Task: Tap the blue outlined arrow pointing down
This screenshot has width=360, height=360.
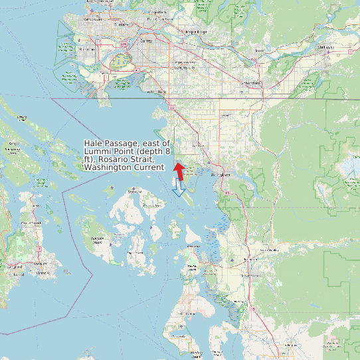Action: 178,189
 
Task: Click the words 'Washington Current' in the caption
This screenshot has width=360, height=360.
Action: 124,167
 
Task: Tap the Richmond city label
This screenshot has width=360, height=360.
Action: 86,49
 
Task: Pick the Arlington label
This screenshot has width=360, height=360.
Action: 290,345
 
